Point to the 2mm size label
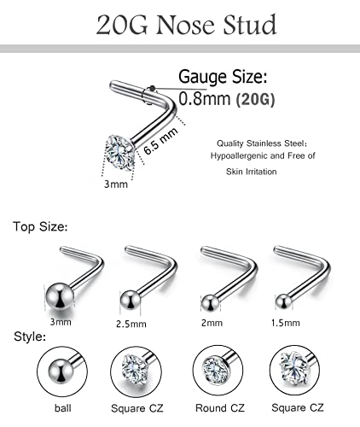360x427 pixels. [x=209, y=323]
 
